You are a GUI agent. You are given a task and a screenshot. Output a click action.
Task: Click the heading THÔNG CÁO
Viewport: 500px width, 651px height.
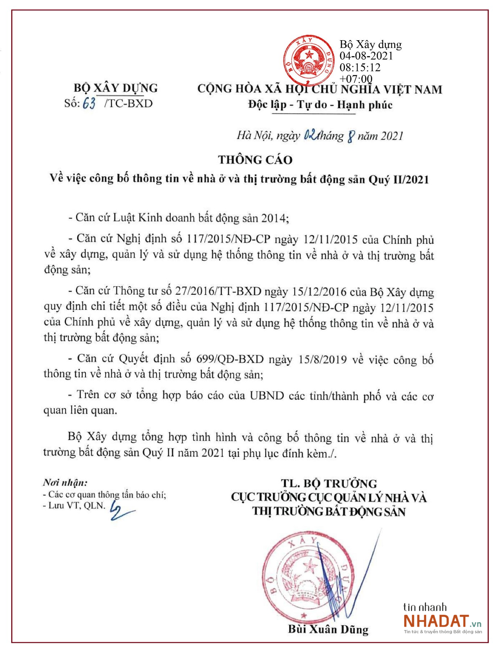[x=255, y=160]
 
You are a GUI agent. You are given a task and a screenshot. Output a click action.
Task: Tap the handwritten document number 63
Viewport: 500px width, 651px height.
[x=89, y=103]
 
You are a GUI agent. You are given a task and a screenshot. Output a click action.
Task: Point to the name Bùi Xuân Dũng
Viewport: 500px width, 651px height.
[x=328, y=629]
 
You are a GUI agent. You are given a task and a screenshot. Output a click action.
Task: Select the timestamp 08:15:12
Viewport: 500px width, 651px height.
[x=359, y=68]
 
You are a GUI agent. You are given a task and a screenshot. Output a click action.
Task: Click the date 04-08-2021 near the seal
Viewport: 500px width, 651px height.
[x=366, y=56]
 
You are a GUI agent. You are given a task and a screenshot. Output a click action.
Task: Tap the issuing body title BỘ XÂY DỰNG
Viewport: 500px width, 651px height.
[x=116, y=88]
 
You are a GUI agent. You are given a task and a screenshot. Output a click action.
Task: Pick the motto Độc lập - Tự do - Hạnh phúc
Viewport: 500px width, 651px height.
[x=320, y=105]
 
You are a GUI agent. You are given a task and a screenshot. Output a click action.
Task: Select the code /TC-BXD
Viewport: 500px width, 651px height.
[x=129, y=103]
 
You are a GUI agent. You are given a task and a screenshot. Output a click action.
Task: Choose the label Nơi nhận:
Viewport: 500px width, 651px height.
[x=65, y=483]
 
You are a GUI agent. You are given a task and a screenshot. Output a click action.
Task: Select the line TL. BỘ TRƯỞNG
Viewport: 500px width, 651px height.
[x=329, y=483]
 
